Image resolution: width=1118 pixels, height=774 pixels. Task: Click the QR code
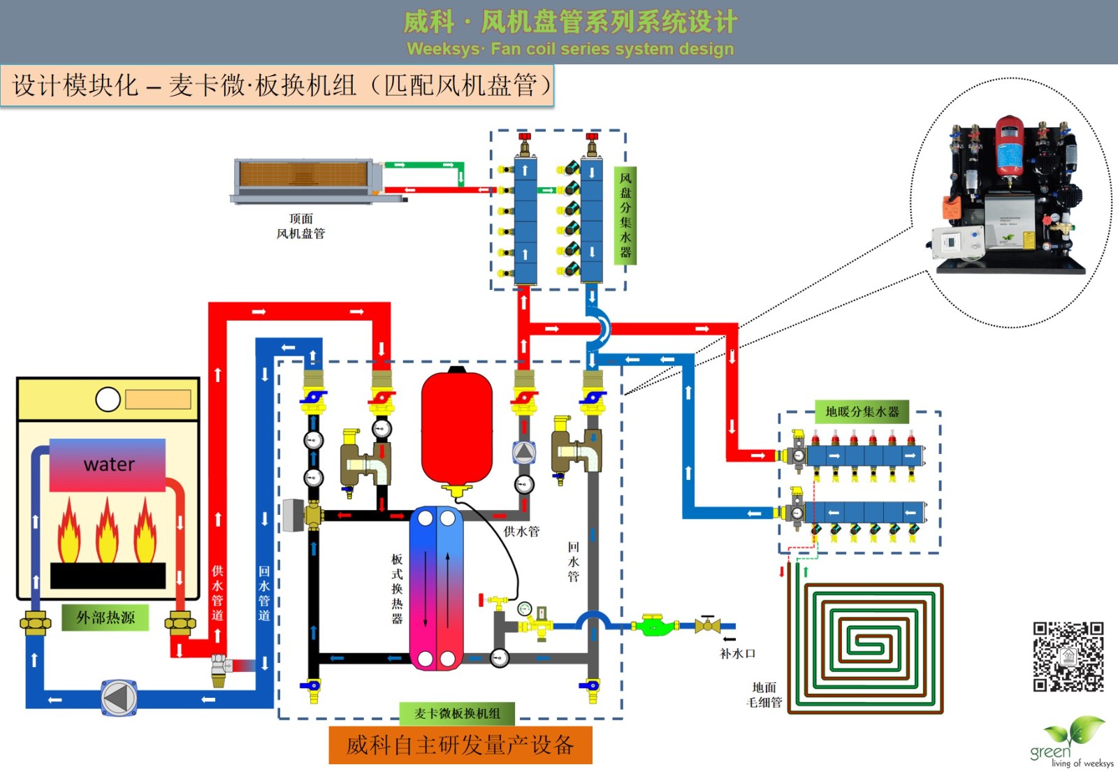pyautogui.click(x=1068, y=657)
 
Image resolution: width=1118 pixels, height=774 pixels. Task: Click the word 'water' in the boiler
pyautogui.click(x=108, y=465)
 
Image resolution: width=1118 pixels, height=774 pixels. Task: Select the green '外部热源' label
pyautogui.click(x=106, y=618)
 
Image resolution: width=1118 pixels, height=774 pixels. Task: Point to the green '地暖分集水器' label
pyautogui.click(x=862, y=411)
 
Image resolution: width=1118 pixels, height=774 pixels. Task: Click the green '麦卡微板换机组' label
pyautogui.click(x=457, y=713)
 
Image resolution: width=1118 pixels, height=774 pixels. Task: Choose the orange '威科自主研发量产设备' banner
pyautogui.click(x=460, y=745)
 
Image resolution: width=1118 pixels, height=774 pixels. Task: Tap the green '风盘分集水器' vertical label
pyautogui.click(x=625, y=215)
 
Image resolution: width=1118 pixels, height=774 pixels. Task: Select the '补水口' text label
pyautogui.click(x=738, y=654)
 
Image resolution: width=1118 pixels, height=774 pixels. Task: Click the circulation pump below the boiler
pyautogui.click(x=119, y=698)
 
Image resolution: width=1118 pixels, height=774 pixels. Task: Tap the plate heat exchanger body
pyautogui.click(x=436, y=588)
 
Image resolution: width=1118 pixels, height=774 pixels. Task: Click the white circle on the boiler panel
pyautogui.click(x=108, y=400)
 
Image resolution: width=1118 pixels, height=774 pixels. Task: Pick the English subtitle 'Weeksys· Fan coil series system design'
pyautogui.click(x=570, y=49)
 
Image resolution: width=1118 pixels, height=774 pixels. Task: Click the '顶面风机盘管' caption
pyautogui.click(x=300, y=226)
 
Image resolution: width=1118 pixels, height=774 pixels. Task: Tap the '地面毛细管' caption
pyautogui.click(x=764, y=695)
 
